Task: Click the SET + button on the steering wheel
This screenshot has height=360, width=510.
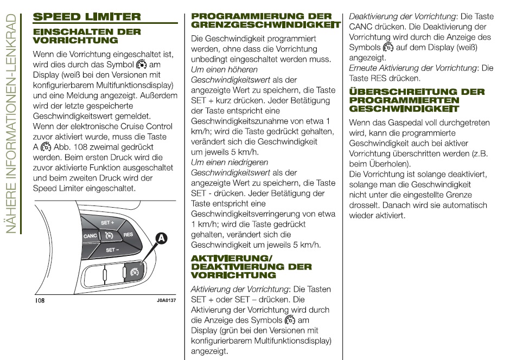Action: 107,223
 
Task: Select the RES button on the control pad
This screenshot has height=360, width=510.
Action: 128,234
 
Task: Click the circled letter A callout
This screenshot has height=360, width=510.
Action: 161,237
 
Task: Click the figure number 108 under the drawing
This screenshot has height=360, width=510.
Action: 40,300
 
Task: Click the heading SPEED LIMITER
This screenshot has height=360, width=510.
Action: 87,17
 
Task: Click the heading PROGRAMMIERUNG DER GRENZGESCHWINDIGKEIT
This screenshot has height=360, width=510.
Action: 266,21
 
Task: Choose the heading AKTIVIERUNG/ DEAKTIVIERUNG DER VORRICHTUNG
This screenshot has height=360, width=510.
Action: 251,266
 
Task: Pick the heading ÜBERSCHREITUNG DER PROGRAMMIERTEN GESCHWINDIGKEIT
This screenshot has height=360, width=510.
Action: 417,100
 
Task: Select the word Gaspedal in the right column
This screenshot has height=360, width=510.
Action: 400,123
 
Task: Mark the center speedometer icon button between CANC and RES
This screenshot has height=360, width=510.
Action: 109,236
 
